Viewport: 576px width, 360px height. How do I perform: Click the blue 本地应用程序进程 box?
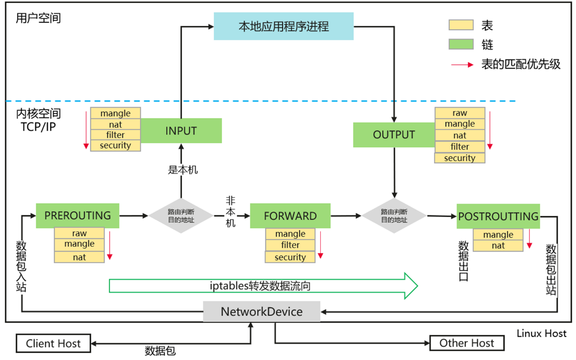click(283, 26)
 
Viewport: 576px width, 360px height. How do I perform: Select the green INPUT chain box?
click(181, 131)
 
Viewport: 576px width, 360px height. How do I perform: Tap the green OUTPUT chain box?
click(394, 135)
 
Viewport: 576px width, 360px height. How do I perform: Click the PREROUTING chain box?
click(78, 216)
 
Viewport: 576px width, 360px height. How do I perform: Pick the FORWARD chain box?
click(290, 216)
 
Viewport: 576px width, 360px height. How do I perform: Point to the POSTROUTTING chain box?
click(498, 216)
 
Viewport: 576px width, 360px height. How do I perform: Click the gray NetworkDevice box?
click(262, 311)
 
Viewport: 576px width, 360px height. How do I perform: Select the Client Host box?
click(53, 344)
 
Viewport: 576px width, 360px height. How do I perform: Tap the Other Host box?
click(467, 344)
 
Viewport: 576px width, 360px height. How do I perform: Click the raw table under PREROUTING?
click(79, 234)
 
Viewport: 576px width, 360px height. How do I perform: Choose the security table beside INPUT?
click(115, 145)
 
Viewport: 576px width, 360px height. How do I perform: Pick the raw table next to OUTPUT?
click(460, 113)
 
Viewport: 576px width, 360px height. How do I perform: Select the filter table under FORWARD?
click(290, 245)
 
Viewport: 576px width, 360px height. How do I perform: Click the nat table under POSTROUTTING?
click(498, 246)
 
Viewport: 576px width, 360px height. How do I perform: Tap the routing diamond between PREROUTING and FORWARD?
click(181, 216)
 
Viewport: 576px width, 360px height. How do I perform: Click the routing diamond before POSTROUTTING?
click(394, 216)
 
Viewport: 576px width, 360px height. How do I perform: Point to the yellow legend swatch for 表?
click(461, 25)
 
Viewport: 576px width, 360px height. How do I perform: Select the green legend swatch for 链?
click(461, 45)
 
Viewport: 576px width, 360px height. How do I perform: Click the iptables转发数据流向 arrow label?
click(260, 286)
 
